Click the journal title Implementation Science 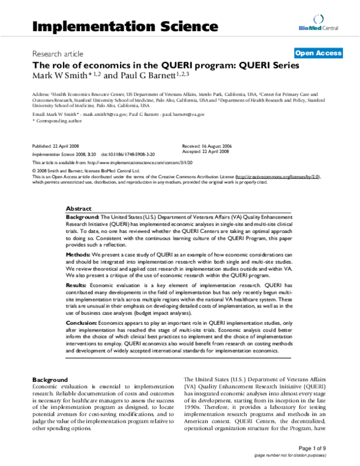tap(124, 26)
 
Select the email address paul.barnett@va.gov tap(183, 113)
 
